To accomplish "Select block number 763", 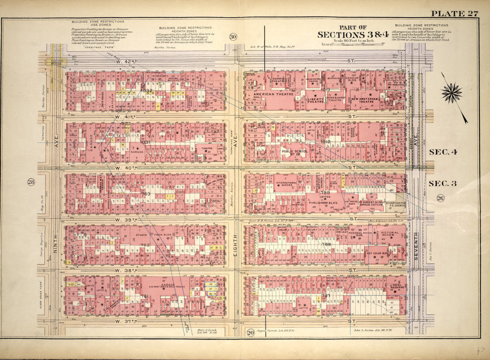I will pyautogui.click(x=145, y=194).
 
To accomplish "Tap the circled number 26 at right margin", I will pyautogui.click(x=439, y=198).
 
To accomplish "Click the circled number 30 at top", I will pyautogui.click(x=233, y=37).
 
